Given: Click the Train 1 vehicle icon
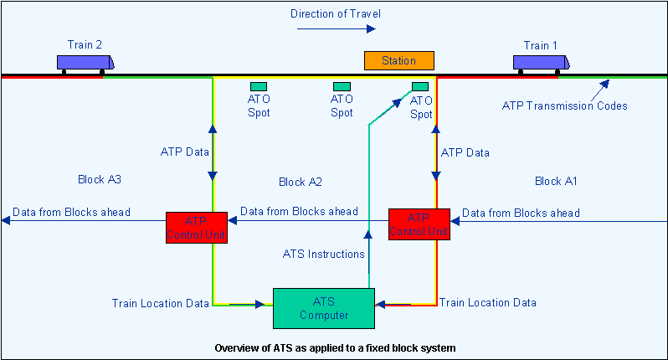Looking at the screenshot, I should tap(541, 63).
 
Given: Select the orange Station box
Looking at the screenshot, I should tap(399, 60).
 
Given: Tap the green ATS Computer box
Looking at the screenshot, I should tap(324, 307).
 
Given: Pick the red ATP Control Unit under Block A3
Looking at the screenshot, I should tap(197, 227).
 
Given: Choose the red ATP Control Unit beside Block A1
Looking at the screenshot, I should tap(419, 224).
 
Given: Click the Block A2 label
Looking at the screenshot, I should tap(301, 182).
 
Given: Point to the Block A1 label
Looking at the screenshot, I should tap(556, 181).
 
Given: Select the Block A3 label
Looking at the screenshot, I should tap(100, 179).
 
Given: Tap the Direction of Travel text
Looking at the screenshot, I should tap(335, 13).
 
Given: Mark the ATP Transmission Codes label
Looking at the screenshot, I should tap(564, 105).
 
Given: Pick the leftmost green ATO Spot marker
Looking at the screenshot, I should tap(259, 86).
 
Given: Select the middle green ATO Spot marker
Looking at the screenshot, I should tap(342, 86).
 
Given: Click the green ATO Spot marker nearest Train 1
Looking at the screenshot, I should tap(421, 86).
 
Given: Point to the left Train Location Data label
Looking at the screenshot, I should tap(160, 303).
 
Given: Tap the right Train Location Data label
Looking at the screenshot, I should tap(488, 302).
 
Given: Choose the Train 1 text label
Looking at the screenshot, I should tap(540, 45).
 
